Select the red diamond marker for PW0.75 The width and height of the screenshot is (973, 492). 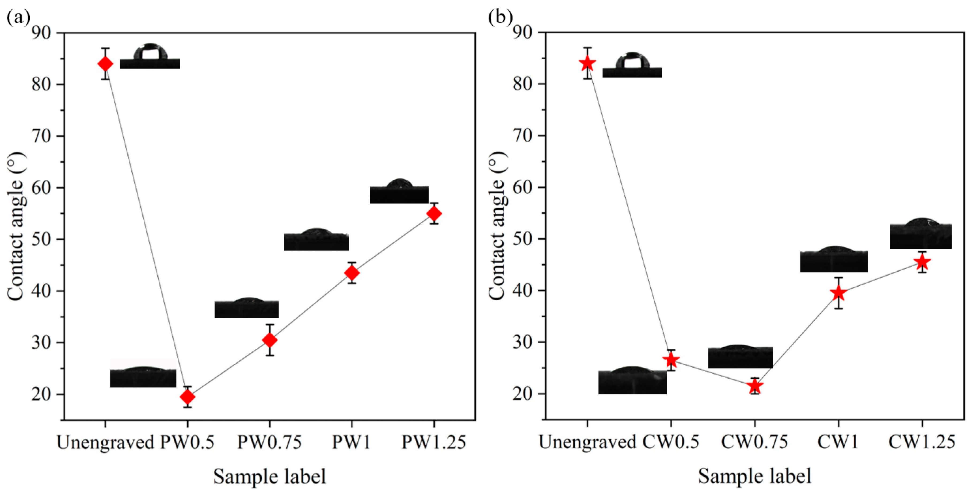270,340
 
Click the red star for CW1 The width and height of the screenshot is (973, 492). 838,293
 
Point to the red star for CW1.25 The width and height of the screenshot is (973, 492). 922,262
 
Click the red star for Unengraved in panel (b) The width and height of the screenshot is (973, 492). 587,63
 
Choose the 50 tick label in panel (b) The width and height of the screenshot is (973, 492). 523,239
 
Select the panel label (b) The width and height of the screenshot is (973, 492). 500,17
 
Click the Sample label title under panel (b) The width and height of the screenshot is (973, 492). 754,476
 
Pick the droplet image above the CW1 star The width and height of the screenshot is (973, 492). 834,259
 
